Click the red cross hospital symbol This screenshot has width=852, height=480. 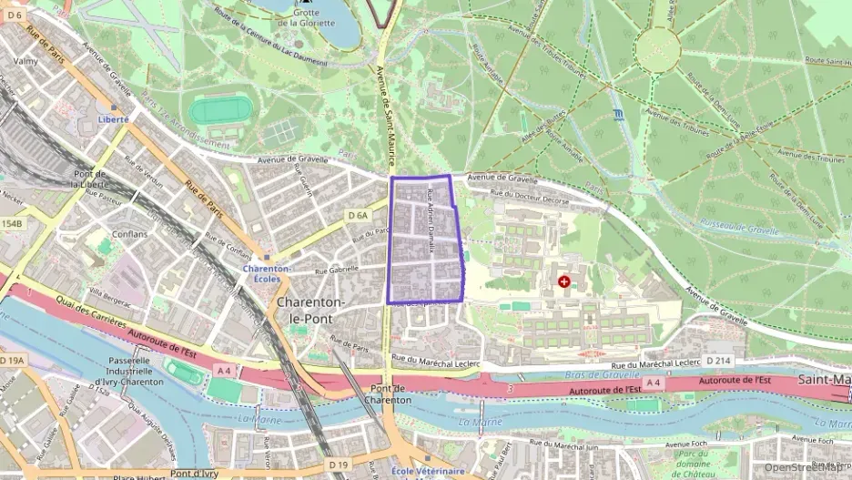[x=564, y=282]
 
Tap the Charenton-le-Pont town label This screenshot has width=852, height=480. [x=309, y=311]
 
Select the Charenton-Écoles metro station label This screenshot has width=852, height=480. [x=267, y=274]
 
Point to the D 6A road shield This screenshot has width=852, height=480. [x=358, y=215]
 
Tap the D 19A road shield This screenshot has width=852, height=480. [x=12, y=362]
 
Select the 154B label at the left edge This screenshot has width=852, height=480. [x=11, y=223]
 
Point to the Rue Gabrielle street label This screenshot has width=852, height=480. [x=337, y=271]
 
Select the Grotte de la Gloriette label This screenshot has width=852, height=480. [x=312, y=16]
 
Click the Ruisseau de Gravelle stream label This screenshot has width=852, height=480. [x=739, y=231]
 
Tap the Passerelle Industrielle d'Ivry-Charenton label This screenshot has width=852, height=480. [x=129, y=371]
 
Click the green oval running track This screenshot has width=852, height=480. [x=218, y=111]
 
